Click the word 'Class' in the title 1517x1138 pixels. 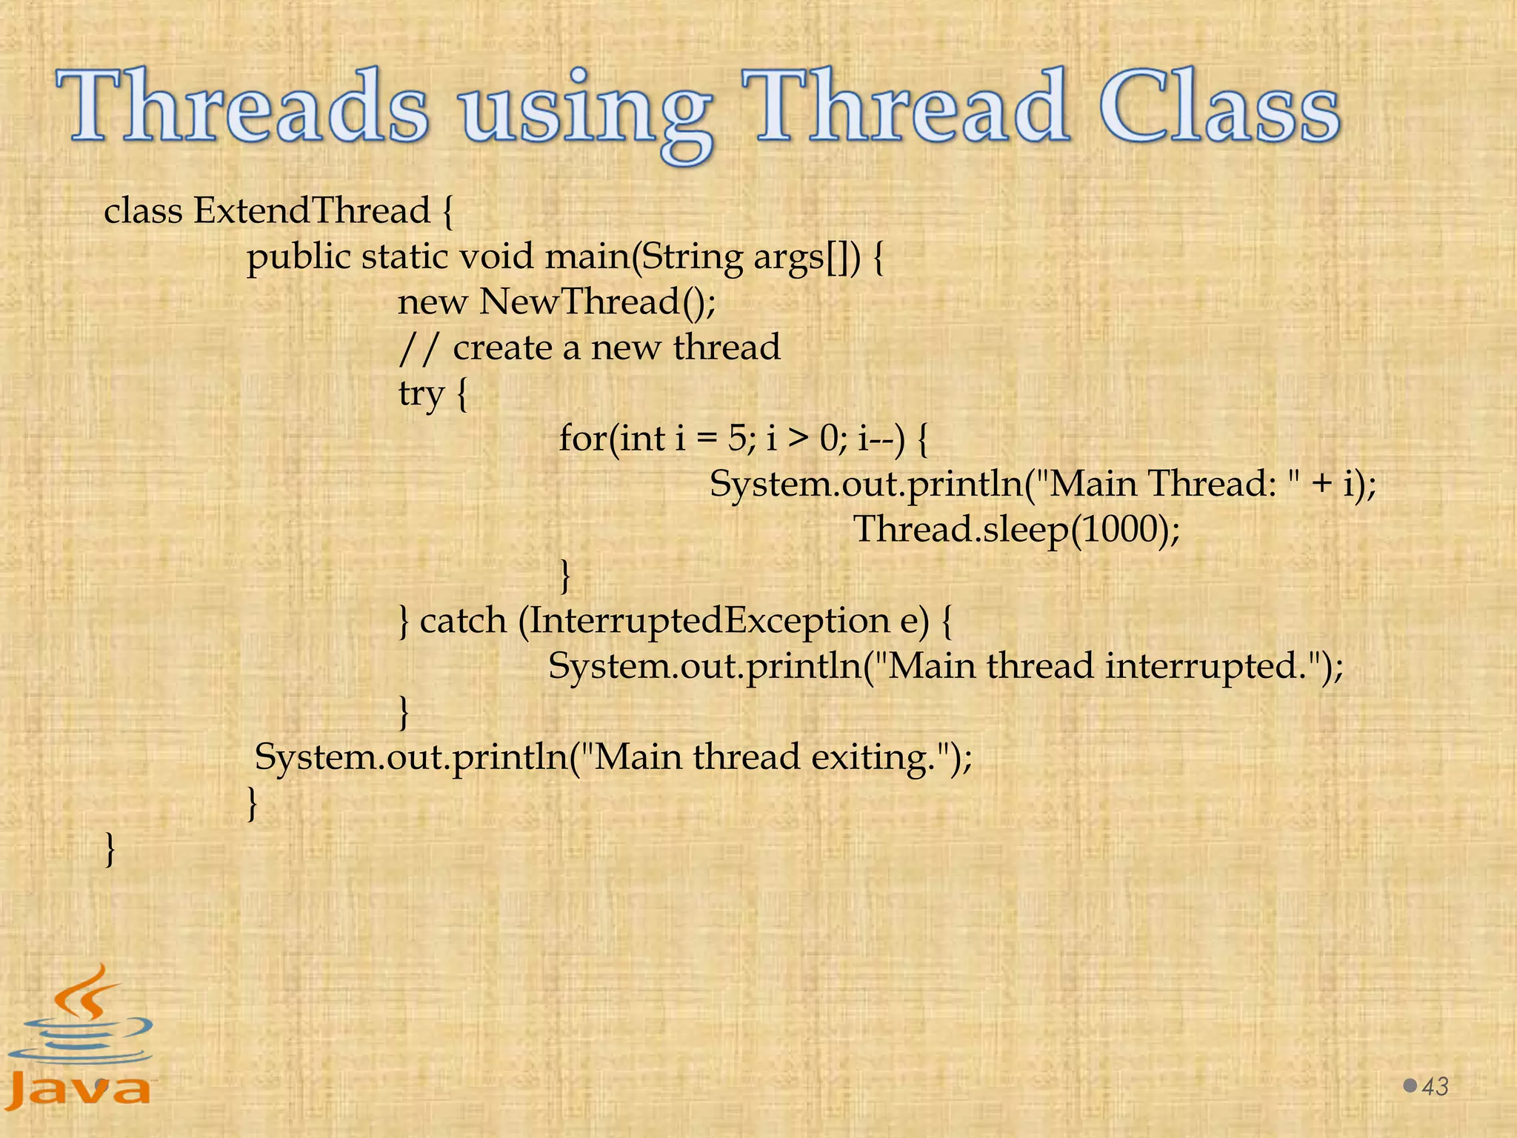tap(1219, 108)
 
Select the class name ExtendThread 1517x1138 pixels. tap(311, 211)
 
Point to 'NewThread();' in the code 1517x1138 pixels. tap(597, 302)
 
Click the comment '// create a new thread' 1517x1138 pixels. tap(589, 347)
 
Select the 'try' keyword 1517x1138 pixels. tap(421, 393)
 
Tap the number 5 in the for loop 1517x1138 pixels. tap(738, 439)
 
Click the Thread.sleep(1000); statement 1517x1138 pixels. tap(1016, 530)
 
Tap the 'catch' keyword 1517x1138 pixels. tap(462, 620)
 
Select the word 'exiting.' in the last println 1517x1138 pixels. tap(874, 757)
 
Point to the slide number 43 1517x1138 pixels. tap(1436, 1087)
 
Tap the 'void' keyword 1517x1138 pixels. tap(496, 257)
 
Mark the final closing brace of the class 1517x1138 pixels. tap(110, 848)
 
